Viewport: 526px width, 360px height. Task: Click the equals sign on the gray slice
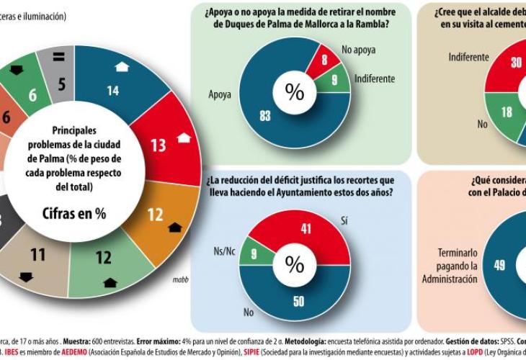click(58, 57)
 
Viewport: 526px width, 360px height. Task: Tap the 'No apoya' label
click(358, 50)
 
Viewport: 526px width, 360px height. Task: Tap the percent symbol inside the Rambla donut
click(295, 91)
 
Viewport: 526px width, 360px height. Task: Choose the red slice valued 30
click(516, 63)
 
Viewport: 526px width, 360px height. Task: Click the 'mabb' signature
click(180, 279)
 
